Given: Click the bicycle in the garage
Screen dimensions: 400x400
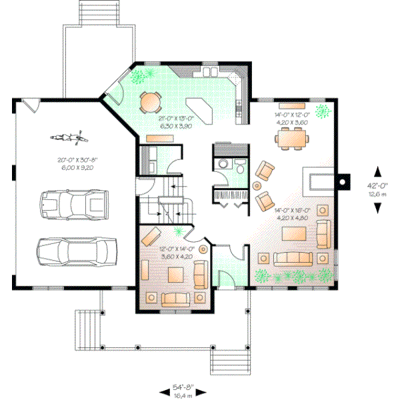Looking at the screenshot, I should (67, 139).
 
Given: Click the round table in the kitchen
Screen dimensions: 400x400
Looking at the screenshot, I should (150, 101).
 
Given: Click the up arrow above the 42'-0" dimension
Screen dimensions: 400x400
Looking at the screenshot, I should (378, 171).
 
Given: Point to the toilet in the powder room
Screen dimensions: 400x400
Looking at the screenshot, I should (238, 169).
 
